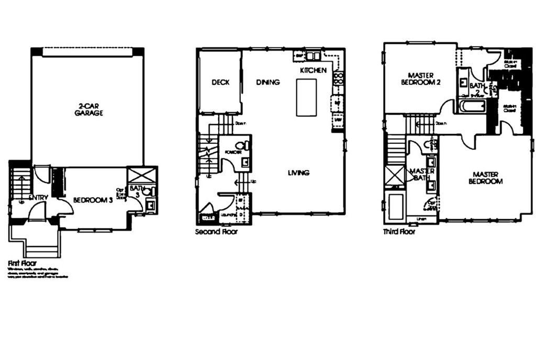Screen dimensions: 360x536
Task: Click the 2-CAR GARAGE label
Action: pos(88,109)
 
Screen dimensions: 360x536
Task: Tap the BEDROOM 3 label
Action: pos(93,200)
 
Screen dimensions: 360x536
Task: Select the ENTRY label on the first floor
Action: pos(39,197)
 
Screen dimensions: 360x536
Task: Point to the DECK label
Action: pos(220,82)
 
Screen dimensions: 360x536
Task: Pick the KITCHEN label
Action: pos(313,70)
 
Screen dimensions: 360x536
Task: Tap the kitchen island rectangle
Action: pos(306,97)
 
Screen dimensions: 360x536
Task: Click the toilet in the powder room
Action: pos(241,146)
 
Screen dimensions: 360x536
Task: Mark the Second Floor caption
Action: pos(216,231)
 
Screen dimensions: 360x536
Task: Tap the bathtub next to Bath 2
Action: pos(472,107)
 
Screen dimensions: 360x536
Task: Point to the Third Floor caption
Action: pos(399,231)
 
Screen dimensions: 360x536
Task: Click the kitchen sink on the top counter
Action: pos(313,55)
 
